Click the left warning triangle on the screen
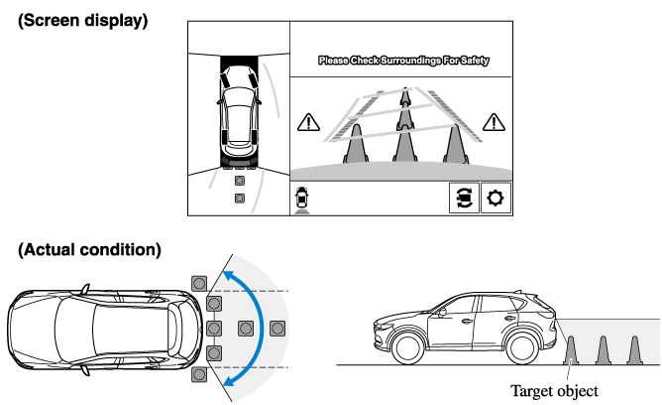[308, 123]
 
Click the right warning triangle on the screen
[493, 123]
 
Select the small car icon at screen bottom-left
[301, 198]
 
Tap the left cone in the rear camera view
[353, 145]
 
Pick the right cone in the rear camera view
[454, 144]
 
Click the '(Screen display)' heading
[83, 19]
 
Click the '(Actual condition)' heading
[89, 249]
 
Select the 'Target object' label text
[554, 389]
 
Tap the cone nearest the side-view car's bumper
[571, 350]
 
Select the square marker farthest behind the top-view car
[277, 328]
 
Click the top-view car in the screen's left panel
[238, 108]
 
